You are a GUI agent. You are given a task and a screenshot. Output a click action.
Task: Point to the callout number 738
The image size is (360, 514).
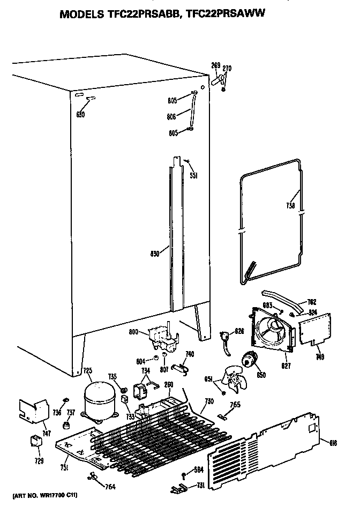[289, 205]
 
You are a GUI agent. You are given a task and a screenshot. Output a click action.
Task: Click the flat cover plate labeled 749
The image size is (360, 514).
[314, 329]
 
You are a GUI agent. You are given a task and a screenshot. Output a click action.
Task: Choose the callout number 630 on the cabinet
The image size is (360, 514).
[80, 114]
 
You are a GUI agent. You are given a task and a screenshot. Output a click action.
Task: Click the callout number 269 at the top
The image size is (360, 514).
[215, 65]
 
